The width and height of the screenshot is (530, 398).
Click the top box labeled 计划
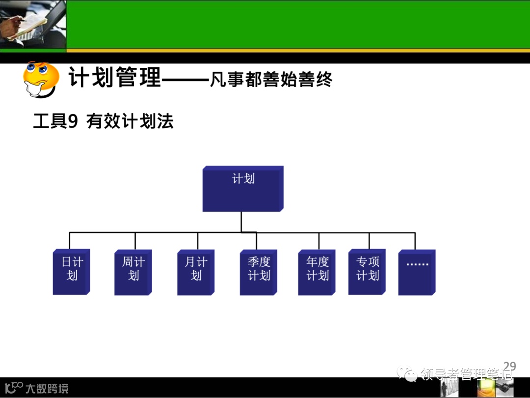[x=242, y=189]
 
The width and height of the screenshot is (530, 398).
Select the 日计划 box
[x=71, y=272]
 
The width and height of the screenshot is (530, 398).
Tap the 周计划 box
[x=132, y=273]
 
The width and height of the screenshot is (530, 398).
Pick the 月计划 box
[x=195, y=273]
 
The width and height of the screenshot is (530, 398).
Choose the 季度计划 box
[x=258, y=273]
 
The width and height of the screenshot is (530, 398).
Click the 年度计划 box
[x=317, y=273]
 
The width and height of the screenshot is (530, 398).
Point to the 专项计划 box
[x=367, y=272]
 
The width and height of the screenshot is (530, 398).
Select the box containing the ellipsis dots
[x=417, y=272]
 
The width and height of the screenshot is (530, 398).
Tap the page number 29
[x=509, y=366]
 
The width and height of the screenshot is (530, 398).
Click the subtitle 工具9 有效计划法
[x=103, y=121]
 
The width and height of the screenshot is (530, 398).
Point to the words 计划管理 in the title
[x=114, y=78]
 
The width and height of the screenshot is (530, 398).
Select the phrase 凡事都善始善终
[x=271, y=79]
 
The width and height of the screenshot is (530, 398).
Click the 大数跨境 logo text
[x=47, y=389]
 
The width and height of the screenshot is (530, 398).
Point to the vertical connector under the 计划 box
[x=241, y=221]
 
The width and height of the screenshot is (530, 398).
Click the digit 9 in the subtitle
[x=73, y=121]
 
